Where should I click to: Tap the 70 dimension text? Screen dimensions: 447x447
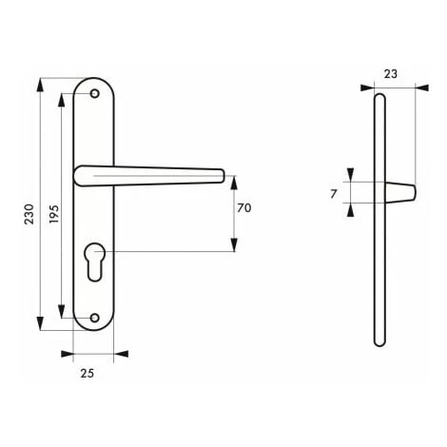point(243,208)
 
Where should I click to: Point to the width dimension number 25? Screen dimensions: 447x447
point(87,374)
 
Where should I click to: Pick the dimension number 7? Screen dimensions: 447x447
point(333,193)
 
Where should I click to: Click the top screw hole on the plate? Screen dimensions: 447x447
point(94,94)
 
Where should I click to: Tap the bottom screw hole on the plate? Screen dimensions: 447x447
point(94,317)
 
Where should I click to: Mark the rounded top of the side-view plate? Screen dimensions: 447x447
point(380,96)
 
